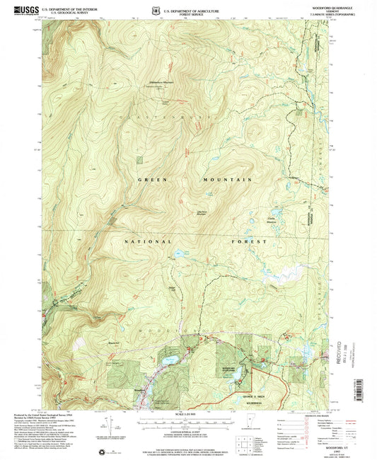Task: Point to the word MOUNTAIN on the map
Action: click(x=228, y=180)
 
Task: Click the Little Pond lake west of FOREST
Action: click(x=175, y=252)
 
